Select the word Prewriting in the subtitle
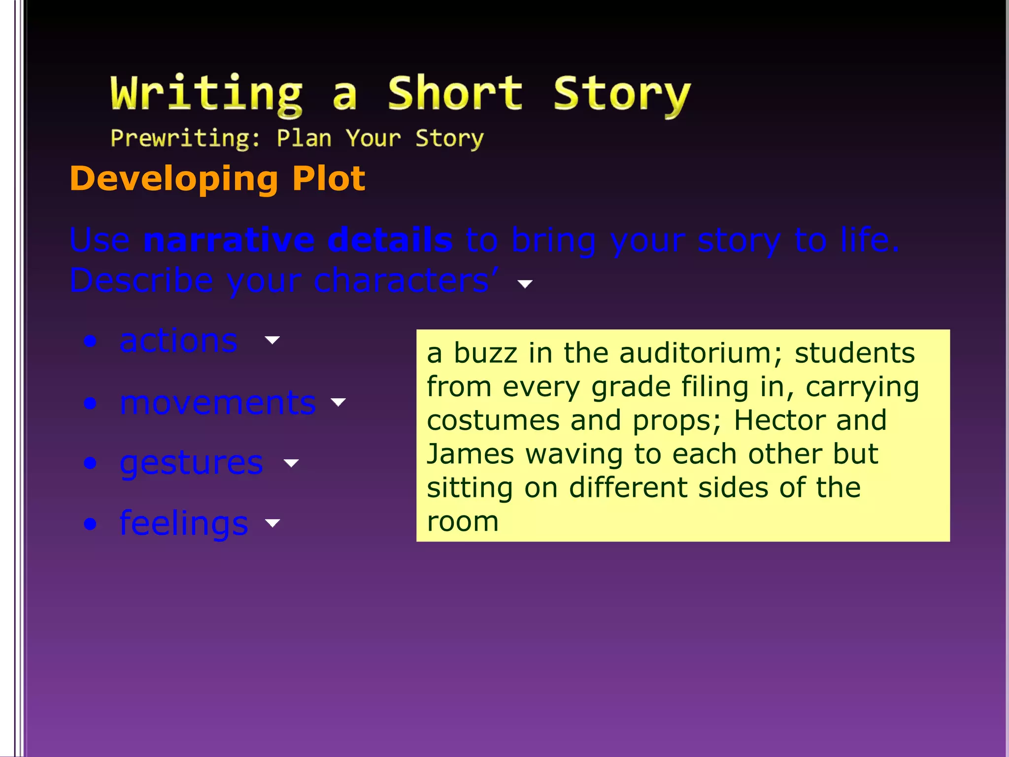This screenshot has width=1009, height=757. [185, 138]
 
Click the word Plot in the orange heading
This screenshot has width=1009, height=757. [329, 178]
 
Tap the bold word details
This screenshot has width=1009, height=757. [390, 240]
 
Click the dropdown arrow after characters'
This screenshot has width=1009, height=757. [525, 284]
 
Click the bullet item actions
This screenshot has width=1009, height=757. [178, 341]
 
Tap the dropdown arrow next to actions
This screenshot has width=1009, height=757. [272, 340]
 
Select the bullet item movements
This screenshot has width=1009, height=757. [218, 403]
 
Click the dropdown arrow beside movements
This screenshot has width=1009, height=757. [338, 402]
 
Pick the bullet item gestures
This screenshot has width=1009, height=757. [192, 463]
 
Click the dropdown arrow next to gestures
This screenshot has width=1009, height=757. [291, 463]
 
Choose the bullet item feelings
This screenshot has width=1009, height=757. [184, 523]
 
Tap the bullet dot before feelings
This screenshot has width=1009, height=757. [90, 523]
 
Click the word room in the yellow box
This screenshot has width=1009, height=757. [463, 521]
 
